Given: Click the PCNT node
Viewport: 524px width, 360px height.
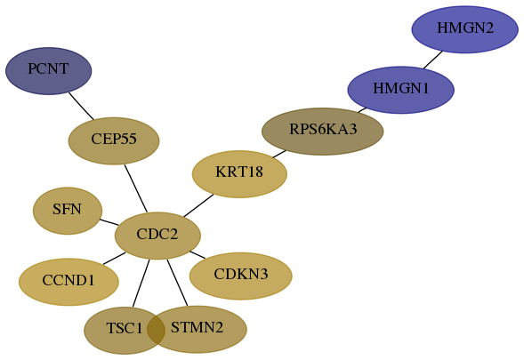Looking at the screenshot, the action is tap(48, 71).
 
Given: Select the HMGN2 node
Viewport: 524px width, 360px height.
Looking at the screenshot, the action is tap(465, 29).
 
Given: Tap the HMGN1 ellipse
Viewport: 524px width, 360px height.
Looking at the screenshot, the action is tap(400, 90).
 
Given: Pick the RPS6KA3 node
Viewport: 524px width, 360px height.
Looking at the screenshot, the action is tap(322, 132).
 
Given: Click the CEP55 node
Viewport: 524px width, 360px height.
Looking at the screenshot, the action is tap(114, 141).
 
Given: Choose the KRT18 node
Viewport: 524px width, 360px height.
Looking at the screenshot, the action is tap(239, 174).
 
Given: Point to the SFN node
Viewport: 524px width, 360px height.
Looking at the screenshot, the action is tap(68, 211).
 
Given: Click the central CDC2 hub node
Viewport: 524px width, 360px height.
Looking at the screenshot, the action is tap(157, 236).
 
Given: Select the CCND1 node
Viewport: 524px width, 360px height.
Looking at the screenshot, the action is tap(69, 282).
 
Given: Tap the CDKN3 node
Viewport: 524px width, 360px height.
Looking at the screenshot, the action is tap(241, 276).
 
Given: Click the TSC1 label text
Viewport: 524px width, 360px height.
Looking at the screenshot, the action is tap(125, 328).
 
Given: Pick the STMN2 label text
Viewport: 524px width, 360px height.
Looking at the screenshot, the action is tap(197, 327).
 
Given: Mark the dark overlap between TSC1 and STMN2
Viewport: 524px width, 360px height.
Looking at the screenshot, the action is tap(156, 330).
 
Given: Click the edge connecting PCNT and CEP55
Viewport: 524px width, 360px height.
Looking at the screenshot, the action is tap(81, 106).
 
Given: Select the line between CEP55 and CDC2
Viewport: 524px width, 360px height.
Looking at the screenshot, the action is tap(136, 188).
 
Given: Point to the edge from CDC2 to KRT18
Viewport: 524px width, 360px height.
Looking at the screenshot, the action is tap(198, 205).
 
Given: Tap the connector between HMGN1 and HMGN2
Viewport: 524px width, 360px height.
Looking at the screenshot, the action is tap(432, 60).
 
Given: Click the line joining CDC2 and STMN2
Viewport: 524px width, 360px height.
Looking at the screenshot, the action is tap(177, 283).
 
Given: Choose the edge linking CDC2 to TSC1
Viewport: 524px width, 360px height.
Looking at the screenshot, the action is tap(141, 284).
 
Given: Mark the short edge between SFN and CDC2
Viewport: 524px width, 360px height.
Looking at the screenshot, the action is tap(109, 222).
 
